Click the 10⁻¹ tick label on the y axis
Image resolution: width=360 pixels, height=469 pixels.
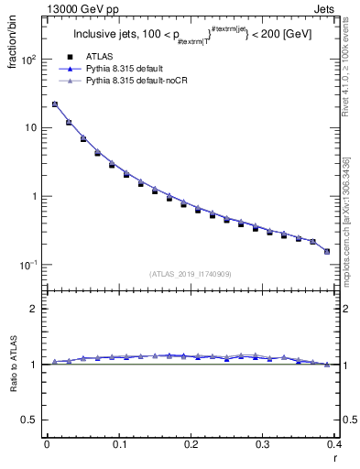click(29, 265)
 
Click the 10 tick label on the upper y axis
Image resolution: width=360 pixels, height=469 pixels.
click(32, 128)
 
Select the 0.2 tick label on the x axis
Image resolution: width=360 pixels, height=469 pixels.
click(190, 446)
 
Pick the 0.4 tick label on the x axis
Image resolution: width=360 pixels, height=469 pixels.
click(333, 446)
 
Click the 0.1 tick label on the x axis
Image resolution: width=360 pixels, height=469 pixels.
click(118, 446)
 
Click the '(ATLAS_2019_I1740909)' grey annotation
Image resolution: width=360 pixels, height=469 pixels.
click(190, 274)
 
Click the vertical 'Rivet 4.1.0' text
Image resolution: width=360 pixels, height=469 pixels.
click(345, 69)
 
